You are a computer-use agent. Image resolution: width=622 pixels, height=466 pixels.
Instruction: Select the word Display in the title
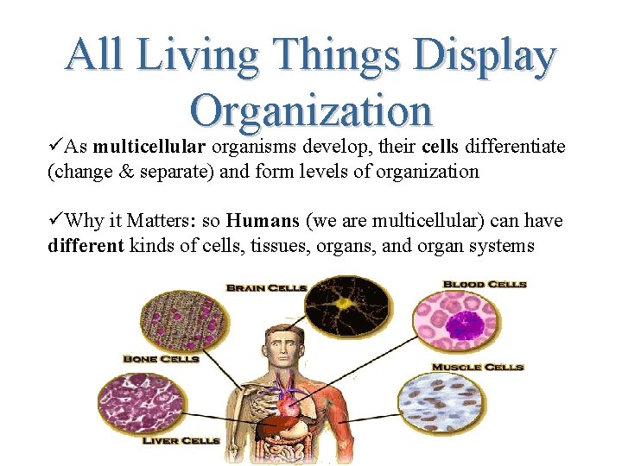[485, 56]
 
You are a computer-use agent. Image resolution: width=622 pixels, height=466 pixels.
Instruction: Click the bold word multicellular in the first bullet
[149, 147]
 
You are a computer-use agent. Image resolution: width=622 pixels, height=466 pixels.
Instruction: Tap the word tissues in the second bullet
[276, 246]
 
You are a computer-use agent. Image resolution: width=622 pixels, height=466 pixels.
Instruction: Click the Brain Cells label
[266, 287]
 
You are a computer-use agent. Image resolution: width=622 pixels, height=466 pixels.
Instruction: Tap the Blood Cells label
[485, 284]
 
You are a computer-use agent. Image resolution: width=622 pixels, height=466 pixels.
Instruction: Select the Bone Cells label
[162, 358]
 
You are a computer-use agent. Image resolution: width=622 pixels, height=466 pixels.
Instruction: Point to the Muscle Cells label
[478, 367]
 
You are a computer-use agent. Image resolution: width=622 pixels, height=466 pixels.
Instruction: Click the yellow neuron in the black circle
[348, 304]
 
